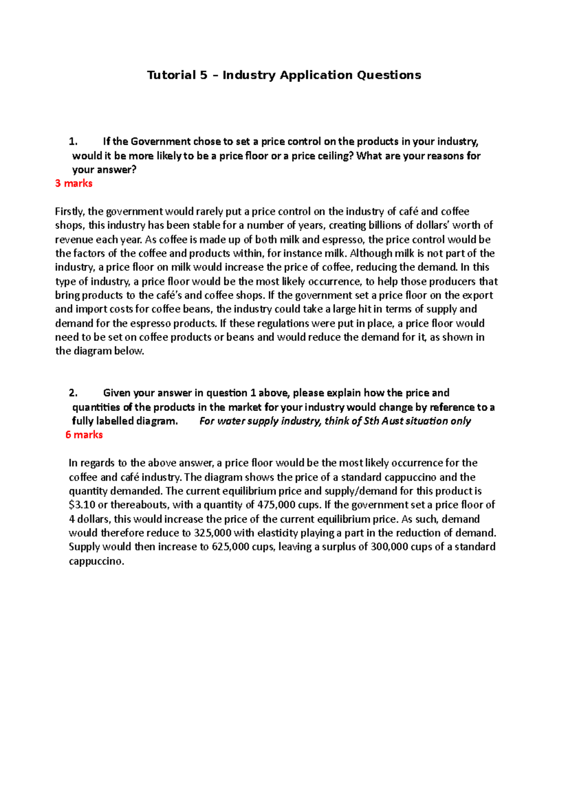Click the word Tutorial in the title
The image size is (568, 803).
(171, 75)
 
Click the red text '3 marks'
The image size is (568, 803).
(73, 183)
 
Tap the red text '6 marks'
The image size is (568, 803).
(84, 435)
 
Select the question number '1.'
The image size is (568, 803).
(73, 141)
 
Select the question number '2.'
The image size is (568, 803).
(73, 393)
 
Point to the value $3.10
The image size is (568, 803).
(82, 505)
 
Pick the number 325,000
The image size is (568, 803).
(213, 533)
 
